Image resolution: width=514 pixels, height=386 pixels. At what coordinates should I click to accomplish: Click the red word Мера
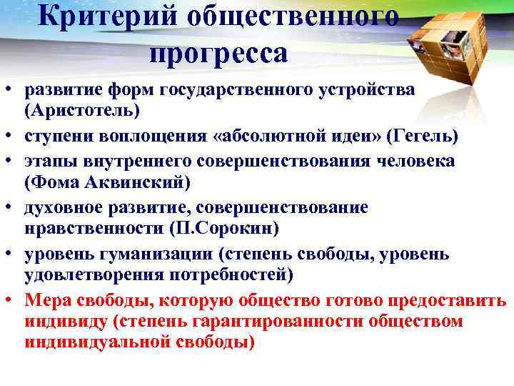point(46,300)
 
